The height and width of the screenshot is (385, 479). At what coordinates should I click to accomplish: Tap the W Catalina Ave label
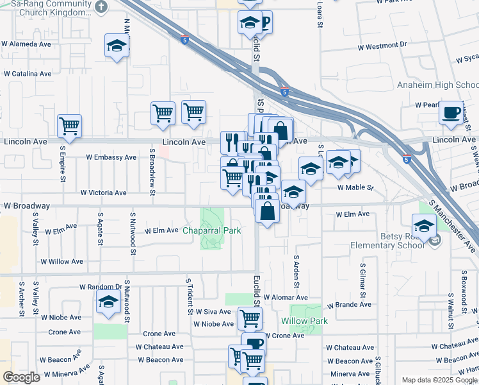pos(27,74)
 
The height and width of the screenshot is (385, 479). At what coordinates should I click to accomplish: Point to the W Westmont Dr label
pos(382,46)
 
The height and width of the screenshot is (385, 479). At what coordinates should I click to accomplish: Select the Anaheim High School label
pos(437,85)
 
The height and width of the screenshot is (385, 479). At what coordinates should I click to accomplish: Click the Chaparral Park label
pos(212,230)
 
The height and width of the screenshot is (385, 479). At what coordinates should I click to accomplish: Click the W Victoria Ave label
pos(103,193)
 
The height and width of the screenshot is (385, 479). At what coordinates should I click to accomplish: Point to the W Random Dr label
pos(101,287)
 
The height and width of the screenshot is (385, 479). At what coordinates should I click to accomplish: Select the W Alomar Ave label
pos(284,298)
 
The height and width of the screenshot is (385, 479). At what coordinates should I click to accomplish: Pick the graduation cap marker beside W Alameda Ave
pos(117,46)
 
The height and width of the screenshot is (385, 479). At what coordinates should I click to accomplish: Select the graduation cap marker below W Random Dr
pos(109,300)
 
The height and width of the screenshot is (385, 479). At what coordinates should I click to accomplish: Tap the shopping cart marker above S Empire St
pos(69,125)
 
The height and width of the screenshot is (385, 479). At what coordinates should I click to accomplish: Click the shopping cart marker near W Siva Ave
pos(250,317)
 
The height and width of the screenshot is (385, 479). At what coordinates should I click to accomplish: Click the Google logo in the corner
pos(21,377)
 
